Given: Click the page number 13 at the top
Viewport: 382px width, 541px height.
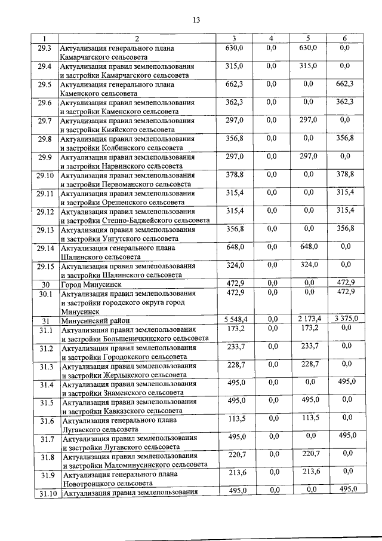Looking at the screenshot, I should pyautogui.click(x=196, y=20).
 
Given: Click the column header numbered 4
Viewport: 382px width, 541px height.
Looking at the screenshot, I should pyautogui.click(x=271, y=38).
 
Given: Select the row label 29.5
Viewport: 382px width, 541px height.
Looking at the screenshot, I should pyautogui.click(x=45, y=84).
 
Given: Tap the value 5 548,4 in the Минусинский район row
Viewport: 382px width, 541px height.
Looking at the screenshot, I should pyautogui.click(x=235, y=319).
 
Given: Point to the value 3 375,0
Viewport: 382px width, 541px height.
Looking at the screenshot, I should pyautogui.click(x=346, y=319).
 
